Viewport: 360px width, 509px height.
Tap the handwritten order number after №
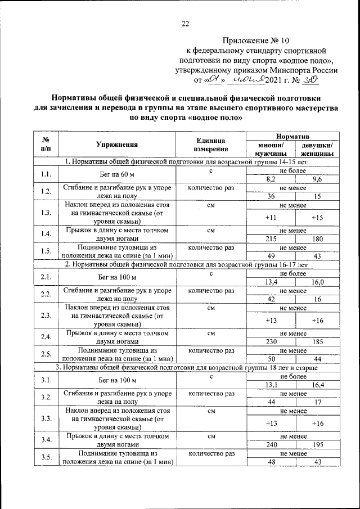click(310, 80)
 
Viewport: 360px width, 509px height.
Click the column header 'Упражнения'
click(116, 145)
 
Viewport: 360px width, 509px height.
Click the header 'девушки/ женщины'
click(317, 149)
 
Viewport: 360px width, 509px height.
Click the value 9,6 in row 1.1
click(317, 179)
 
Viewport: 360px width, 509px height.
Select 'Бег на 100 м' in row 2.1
click(116, 277)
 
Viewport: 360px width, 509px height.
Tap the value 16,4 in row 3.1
click(317, 384)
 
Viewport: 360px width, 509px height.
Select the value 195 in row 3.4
click(317, 444)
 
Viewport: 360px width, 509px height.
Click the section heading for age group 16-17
click(185, 264)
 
